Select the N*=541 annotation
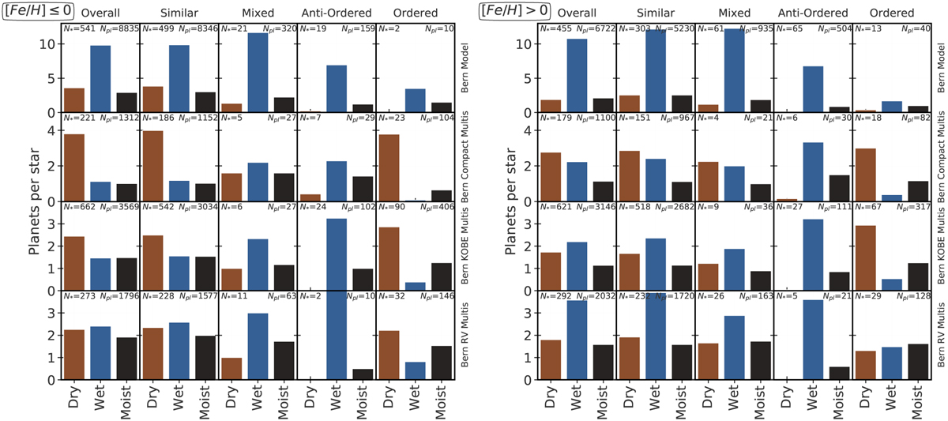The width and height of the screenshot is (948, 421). pyautogui.click(x=78, y=28)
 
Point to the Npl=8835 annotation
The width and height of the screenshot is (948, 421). pyautogui.click(x=118, y=28)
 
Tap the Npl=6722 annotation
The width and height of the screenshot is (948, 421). pyautogui.click(x=595, y=28)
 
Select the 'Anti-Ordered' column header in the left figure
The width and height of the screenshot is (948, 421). pyautogui.click(x=335, y=13)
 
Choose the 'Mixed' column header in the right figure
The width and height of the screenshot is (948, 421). pyautogui.click(x=734, y=13)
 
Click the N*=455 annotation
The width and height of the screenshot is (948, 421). pyautogui.click(x=555, y=28)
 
